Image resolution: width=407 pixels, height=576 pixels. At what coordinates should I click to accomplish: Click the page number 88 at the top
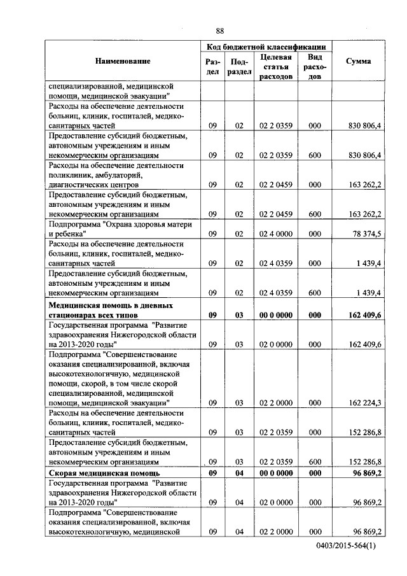[219, 31]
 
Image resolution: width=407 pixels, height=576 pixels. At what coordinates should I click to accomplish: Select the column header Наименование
[123, 61]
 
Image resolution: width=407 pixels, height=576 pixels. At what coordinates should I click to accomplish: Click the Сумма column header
[358, 61]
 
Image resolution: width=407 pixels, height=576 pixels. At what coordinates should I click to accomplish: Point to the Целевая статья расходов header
[276, 66]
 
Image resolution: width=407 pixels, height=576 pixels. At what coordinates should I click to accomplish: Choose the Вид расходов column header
[314, 66]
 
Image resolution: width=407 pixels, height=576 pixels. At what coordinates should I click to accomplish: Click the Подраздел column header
[238, 67]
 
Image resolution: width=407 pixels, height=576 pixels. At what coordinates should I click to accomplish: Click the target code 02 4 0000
[276, 234]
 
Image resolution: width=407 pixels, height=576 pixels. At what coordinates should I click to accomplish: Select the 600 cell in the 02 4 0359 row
[314, 293]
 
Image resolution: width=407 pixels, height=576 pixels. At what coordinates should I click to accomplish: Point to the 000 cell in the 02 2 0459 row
[314, 185]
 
